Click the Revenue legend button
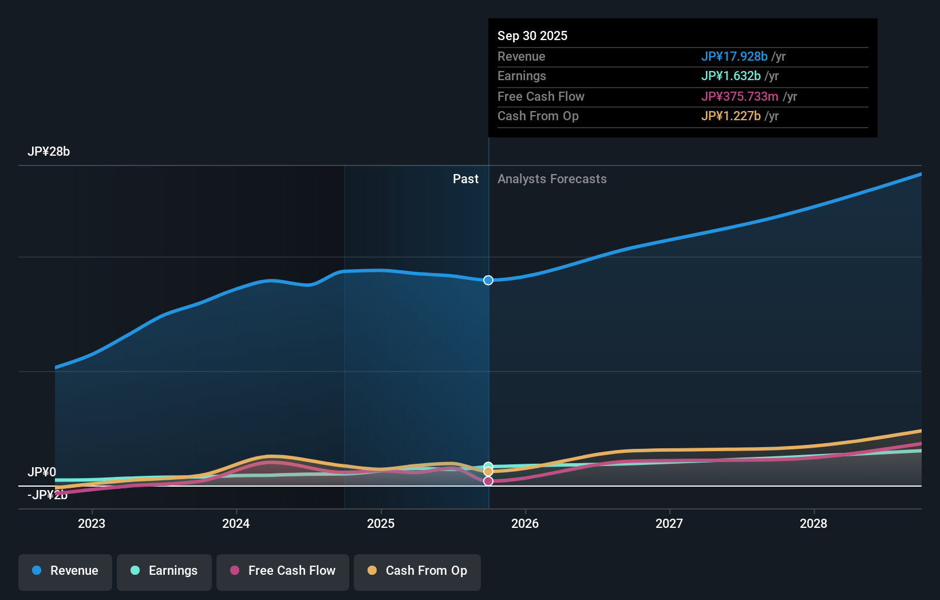click(65, 571)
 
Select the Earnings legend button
click(164, 571)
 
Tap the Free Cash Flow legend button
click(283, 571)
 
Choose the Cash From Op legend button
click(417, 571)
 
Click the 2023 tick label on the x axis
click(92, 524)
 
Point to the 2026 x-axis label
click(525, 524)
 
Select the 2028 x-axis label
click(813, 524)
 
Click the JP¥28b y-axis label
click(49, 152)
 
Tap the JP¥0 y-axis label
click(42, 472)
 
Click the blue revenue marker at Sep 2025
click(488, 280)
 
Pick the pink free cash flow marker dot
click(488, 481)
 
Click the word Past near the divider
click(465, 179)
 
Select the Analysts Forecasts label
click(552, 179)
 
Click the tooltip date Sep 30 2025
click(532, 36)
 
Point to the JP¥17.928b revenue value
click(734, 57)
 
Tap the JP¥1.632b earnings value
click(730, 76)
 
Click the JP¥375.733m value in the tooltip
click(740, 97)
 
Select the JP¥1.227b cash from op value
click(730, 116)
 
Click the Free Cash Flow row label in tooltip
click(541, 97)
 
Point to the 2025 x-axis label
click(381, 524)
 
